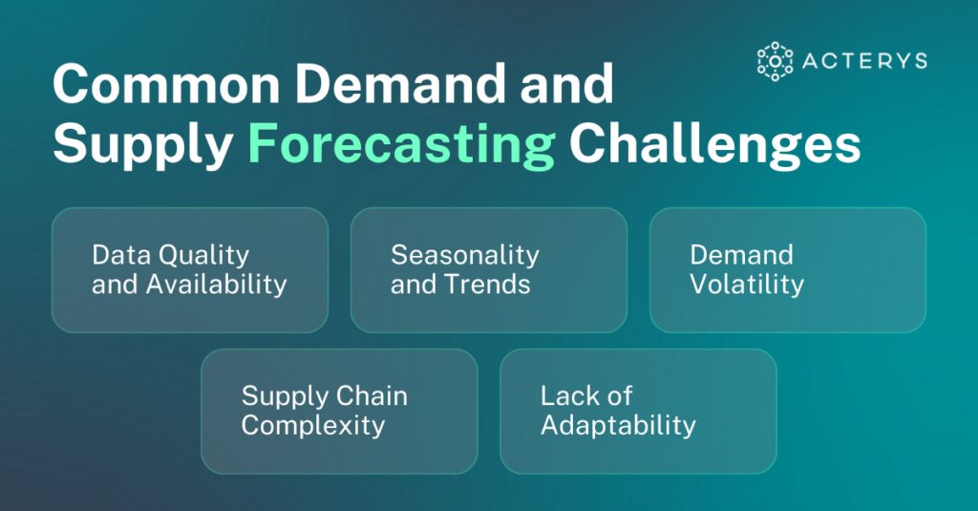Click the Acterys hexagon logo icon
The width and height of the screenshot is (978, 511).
(x=775, y=60)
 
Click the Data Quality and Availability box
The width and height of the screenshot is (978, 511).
(x=189, y=270)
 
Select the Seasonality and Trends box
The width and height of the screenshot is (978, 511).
(x=488, y=270)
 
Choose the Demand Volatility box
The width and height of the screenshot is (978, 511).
(x=787, y=270)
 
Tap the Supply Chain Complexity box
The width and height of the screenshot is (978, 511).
(x=338, y=411)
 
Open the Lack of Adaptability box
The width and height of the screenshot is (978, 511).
(x=637, y=411)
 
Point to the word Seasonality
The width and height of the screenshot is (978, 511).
(x=465, y=256)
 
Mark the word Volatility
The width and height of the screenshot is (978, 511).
(x=747, y=285)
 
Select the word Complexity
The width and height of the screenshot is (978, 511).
(x=312, y=425)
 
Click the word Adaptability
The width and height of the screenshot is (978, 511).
(x=618, y=425)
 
